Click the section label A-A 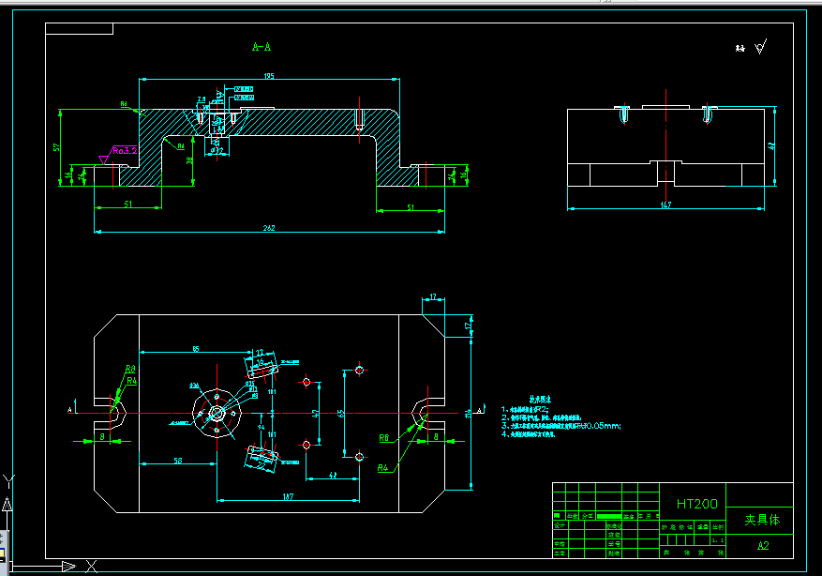coord(262,46)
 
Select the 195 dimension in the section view coord(269,76)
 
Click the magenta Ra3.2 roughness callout coord(125,150)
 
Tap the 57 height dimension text coord(57,147)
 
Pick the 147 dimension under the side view coord(666,205)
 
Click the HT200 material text coord(697,504)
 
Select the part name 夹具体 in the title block coord(761,519)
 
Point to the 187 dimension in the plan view coord(287,496)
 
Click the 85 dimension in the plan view coord(195,349)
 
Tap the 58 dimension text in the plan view coord(177,461)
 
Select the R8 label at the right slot coord(384,438)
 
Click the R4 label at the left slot coord(132,382)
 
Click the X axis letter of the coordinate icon coord(91,565)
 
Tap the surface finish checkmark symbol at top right coord(760,46)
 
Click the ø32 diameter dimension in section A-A coord(217,150)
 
